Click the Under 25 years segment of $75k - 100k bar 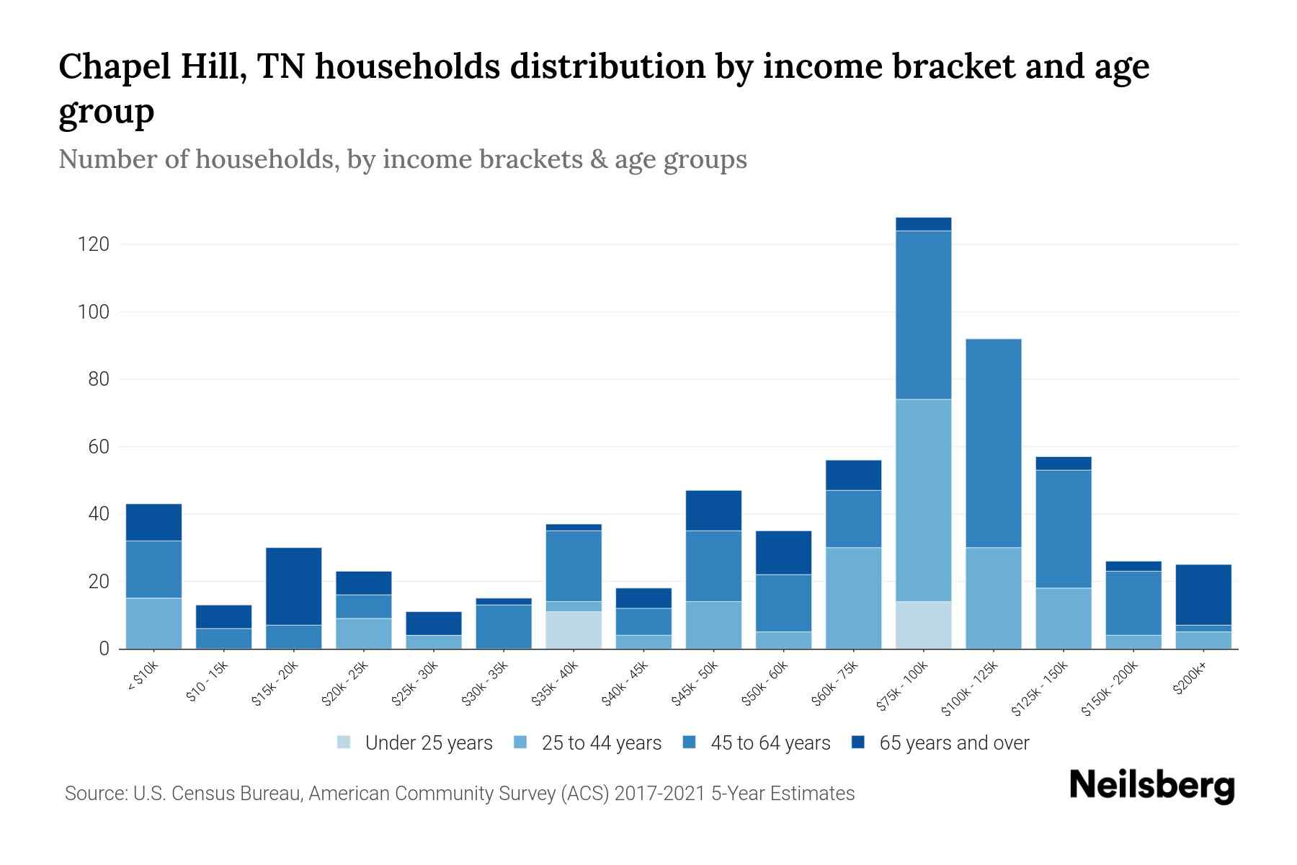point(923,625)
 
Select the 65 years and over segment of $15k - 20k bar point(293,586)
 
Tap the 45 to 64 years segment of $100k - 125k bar point(993,443)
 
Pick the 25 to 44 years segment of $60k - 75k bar point(853,598)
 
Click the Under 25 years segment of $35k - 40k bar point(574,630)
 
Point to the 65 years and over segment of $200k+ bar point(1203,595)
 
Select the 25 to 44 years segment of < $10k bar point(153,624)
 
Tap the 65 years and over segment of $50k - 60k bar point(783,553)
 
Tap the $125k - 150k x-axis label point(1039,690)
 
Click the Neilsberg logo point(1151,786)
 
